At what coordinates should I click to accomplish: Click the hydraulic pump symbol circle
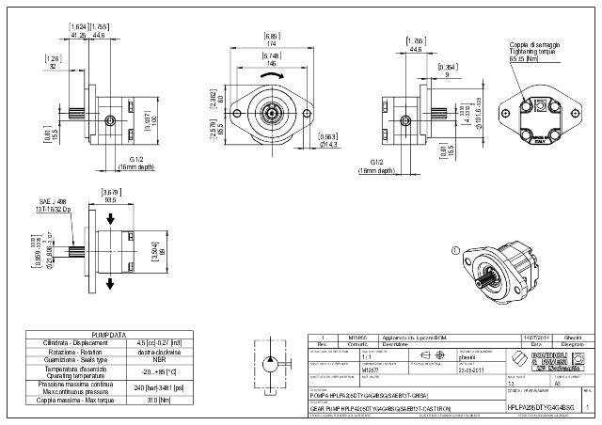(269, 363)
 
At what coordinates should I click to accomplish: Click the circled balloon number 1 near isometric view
(456, 250)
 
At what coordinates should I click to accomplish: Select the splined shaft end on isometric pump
(485, 279)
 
